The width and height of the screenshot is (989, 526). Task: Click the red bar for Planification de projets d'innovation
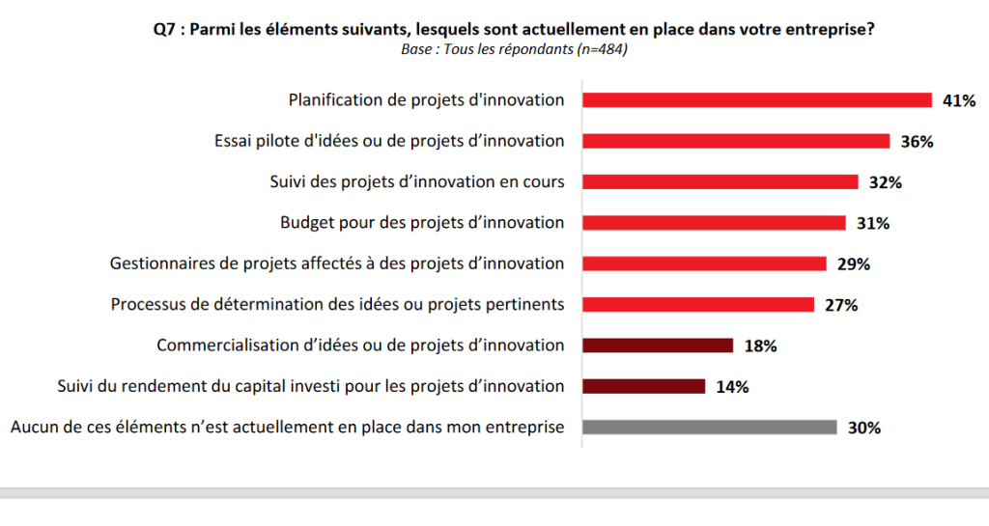pos(756,99)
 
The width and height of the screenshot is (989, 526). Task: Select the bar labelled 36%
pos(735,141)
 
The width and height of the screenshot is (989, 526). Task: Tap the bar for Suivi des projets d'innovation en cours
pos(720,181)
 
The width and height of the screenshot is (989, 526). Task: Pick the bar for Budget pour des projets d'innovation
pos(714,223)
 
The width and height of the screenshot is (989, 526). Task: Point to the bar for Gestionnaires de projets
pos(704,263)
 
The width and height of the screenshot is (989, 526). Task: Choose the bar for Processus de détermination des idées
pos(697,305)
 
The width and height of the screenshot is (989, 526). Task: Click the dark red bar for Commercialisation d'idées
pos(658,346)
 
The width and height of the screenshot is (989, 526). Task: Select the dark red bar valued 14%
pos(643,386)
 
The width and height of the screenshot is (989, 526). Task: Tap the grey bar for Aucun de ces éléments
pos(709,428)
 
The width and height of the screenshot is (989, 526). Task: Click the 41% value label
pos(959,100)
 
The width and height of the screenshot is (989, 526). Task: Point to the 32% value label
pos(886,182)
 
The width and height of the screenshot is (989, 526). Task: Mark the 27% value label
pos(841,305)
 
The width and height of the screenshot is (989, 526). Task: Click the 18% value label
pos(761,346)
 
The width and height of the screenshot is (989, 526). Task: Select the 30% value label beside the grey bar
pos(864,429)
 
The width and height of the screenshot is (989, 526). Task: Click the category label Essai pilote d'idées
pos(389,141)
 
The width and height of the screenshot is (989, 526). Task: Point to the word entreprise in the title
pos(827,30)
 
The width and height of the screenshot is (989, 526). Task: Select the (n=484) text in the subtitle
pos(602,50)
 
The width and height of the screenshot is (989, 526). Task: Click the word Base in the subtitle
pos(417,50)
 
